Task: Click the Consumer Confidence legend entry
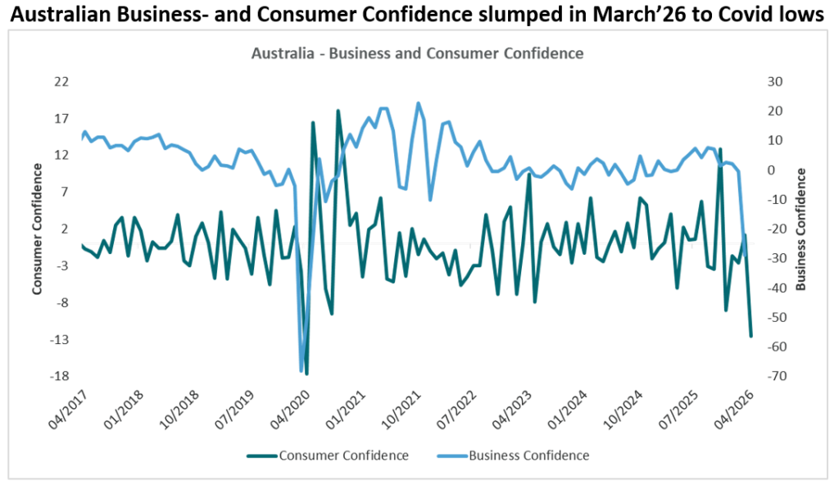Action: (343, 455)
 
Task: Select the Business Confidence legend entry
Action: (528, 455)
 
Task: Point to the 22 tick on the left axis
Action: (61, 81)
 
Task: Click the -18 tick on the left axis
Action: (60, 377)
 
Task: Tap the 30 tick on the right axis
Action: (775, 81)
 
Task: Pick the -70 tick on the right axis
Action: (775, 377)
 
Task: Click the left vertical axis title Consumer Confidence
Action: (37, 229)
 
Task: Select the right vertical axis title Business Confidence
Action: (800, 229)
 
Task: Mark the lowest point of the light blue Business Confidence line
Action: (302, 371)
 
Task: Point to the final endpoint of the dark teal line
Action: (751, 336)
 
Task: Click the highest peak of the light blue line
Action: (419, 103)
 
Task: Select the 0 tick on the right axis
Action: (771, 170)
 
